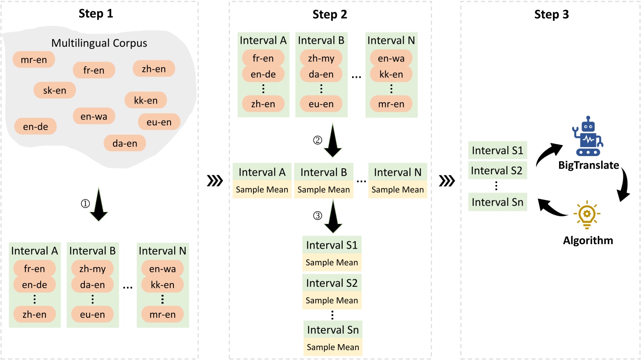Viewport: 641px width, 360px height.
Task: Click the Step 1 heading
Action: (x=95, y=14)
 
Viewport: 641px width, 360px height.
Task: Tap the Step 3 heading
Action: (x=551, y=15)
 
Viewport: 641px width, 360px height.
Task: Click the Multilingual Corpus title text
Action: (x=99, y=43)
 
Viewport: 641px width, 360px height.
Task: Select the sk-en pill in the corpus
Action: (x=55, y=91)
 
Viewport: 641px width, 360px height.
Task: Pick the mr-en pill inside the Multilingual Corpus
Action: (x=34, y=60)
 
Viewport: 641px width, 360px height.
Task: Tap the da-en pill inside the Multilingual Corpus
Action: (x=125, y=143)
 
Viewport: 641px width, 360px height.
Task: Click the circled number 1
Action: (x=85, y=204)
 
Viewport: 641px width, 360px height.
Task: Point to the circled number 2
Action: (x=318, y=140)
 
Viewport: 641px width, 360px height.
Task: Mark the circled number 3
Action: (x=318, y=216)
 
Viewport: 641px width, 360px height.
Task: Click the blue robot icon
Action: (x=588, y=136)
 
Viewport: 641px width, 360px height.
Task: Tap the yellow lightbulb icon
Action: (x=587, y=214)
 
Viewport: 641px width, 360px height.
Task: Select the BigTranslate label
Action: (x=589, y=165)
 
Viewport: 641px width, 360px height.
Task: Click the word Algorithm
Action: (x=588, y=240)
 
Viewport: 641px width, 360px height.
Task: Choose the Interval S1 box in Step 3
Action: (x=498, y=150)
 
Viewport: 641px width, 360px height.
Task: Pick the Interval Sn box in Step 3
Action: (x=498, y=202)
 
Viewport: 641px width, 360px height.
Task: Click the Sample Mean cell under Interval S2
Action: (x=332, y=300)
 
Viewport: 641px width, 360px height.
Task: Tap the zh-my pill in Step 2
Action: (x=321, y=59)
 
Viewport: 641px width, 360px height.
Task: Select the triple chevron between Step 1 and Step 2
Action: (x=215, y=181)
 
